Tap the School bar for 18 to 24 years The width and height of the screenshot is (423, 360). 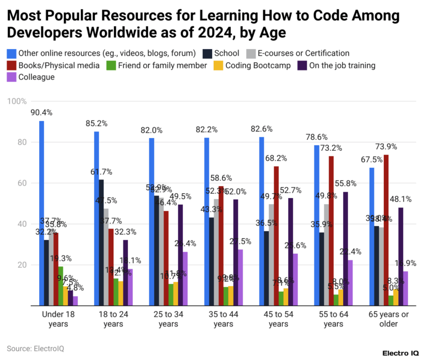[101, 242]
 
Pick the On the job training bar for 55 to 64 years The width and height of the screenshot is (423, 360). [345, 248]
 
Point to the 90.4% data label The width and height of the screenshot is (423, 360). [42, 113]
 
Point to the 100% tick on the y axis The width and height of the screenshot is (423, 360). [17, 101]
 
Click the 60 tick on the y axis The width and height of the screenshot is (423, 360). [20, 183]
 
